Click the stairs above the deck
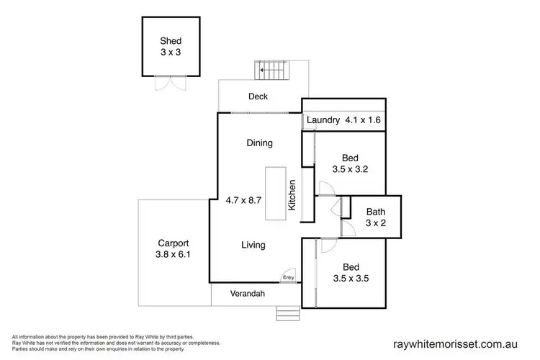[x=273, y=71]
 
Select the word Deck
[x=258, y=96]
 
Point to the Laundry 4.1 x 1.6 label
[x=343, y=121]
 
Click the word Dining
[x=259, y=143]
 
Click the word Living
[x=253, y=245]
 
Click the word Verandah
[x=248, y=294]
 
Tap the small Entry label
[x=288, y=277]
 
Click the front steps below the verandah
[x=287, y=313]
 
